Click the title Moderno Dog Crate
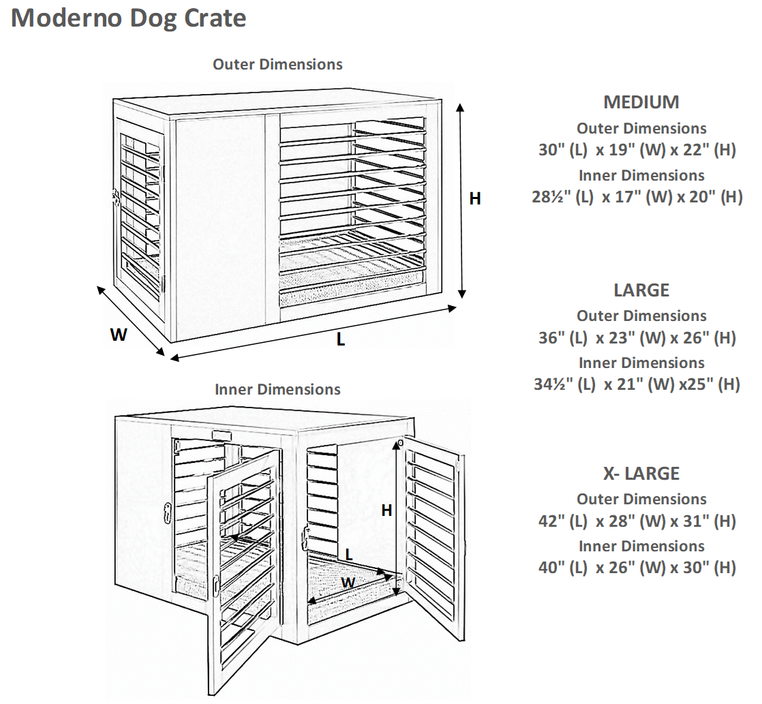pos(129,18)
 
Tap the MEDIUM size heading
pos(641,102)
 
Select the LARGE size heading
pos(641,290)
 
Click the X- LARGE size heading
pos(641,473)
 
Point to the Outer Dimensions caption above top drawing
pos(277,65)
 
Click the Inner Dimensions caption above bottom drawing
pos(277,390)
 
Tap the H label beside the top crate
pos(475,198)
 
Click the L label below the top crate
pos(340,339)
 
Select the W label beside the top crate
pos(119,335)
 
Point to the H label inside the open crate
pos(386,510)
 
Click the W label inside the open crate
pos(348,583)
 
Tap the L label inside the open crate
pos(349,553)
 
